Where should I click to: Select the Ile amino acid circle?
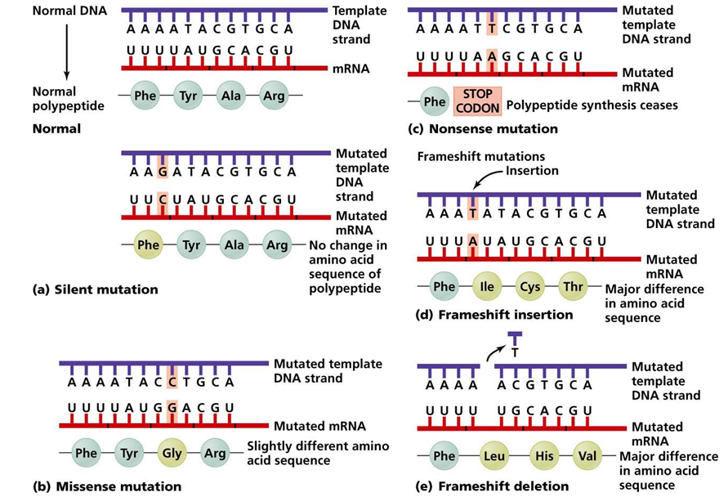[487, 287]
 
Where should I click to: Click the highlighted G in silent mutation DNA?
[163, 172]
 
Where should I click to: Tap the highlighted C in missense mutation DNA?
[172, 381]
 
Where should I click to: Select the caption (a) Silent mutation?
[96, 289]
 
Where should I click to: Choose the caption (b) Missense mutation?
[106, 486]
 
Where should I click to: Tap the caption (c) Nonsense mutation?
[482, 128]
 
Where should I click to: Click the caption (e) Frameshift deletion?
[493, 486]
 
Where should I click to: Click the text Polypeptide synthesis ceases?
[592, 105]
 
